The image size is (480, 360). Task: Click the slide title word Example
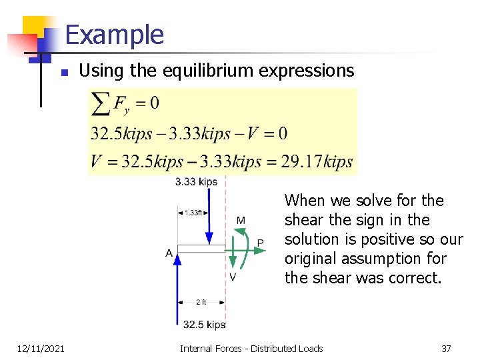point(115,35)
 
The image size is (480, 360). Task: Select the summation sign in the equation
point(101,103)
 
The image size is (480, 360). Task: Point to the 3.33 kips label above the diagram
point(196,181)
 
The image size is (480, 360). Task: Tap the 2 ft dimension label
point(201,302)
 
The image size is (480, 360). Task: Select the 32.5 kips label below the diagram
point(204,325)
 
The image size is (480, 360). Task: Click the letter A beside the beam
point(169,253)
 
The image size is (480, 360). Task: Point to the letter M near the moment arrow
point(240,221)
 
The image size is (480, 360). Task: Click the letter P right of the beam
point(260,243)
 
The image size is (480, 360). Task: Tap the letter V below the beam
point(232,277)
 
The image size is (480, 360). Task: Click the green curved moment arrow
point(245,248)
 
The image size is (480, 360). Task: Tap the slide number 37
point(446,348)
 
